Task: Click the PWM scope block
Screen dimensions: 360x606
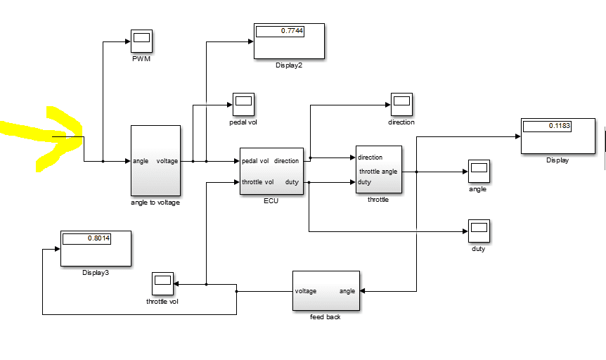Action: click(x=141, y=41)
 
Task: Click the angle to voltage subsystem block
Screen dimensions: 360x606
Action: click(x=155, y=160)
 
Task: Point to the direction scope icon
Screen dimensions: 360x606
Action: click(x=401, y=105)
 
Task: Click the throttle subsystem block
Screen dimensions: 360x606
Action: click(x=379, y=169)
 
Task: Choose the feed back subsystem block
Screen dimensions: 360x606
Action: click(x=325, y=290)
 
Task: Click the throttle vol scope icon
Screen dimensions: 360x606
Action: click(x=162, y=284)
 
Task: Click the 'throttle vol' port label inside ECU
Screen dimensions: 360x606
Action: click(x=257, y=182)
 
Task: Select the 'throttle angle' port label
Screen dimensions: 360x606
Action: click(x=378, y=172)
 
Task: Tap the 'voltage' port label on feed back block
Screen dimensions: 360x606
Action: click(x=306, y=290)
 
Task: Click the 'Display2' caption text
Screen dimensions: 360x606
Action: click(x=289, y=64)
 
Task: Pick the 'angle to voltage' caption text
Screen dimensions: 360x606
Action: click(x=155, y=202)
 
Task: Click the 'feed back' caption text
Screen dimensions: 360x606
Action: click(x=325, y=317)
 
